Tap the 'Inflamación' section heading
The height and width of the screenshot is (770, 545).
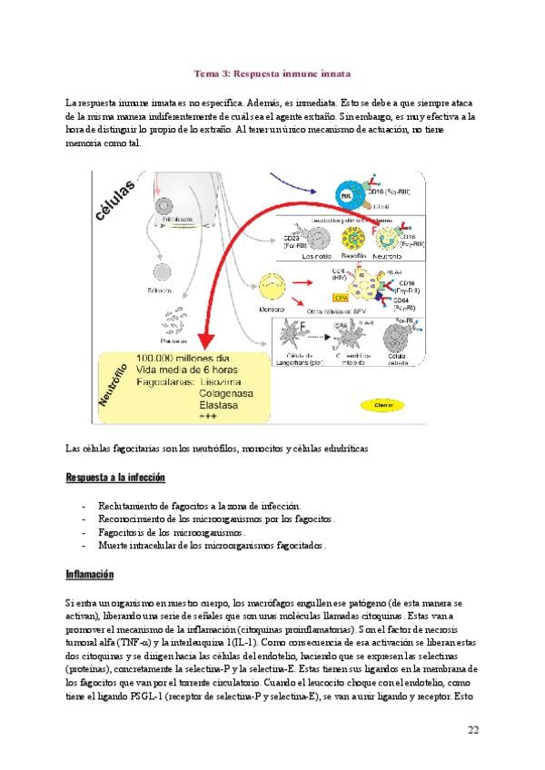click(x=88, y=575)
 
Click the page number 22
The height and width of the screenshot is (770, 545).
click(x=473, y=730)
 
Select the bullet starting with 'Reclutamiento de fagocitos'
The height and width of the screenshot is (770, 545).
click(x=192, y=505)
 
